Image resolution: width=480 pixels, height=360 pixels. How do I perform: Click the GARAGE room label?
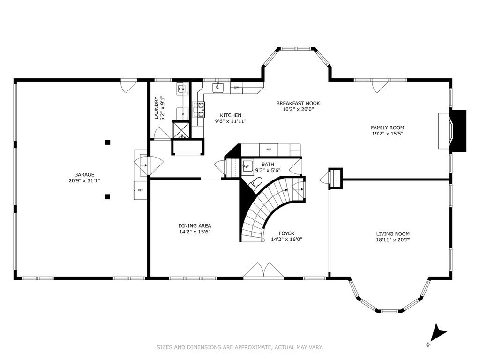[x=84, y=175]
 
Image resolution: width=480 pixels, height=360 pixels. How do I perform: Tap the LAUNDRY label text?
[x=157, y=108]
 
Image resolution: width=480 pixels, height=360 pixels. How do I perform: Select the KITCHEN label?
[x=231, y=115]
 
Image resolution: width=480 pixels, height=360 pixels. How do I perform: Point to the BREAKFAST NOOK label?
[x=298, y=104]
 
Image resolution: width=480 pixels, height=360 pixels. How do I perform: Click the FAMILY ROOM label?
[x=387, y=127]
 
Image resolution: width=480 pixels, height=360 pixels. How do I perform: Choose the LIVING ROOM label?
[x=393, y=234]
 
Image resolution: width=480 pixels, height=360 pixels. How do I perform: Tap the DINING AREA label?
[x=195, y=226]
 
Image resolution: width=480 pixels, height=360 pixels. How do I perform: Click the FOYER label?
[x=286, y=233]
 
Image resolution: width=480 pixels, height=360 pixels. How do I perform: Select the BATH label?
[x=268, y=165]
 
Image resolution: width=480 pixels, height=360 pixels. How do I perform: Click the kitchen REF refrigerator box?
[x=269, y=150]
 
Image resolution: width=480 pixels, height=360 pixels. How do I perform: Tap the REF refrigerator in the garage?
[x=140, y=190]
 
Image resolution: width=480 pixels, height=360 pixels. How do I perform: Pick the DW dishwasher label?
[x=236, y=88]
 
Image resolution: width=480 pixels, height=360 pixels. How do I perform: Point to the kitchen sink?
[x=218, y=87]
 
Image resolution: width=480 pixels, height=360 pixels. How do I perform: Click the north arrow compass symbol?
[x=438, y=335]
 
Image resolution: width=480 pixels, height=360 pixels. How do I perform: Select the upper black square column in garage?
[x=107, y=142]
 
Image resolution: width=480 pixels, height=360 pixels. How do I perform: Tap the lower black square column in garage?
[x=107, y=196]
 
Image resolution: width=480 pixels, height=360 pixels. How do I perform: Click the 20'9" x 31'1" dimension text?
[x=84, y=180]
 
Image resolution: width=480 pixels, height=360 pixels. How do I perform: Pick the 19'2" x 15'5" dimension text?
[x=387, y=134]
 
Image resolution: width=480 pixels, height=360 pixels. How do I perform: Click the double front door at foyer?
[x=263, y=270]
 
